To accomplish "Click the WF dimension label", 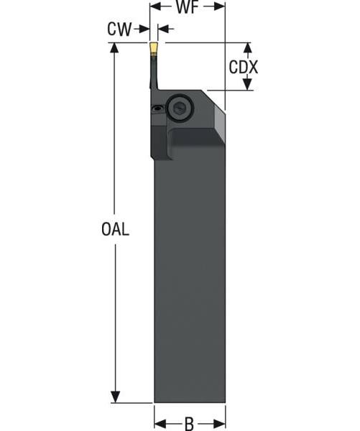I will (x=188, y=9).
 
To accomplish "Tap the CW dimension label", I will (x=119, y=29).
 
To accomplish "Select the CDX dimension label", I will (x=244, y=68).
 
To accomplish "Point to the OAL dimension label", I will (x=116, y=229).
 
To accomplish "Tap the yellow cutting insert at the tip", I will (x=154, y=49).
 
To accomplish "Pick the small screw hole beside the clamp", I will (x=157, y=108).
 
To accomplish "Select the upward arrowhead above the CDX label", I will (x=248, y=49).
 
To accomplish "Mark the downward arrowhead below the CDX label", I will (x=248, y=85).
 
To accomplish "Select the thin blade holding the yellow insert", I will (x=154, y=72).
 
